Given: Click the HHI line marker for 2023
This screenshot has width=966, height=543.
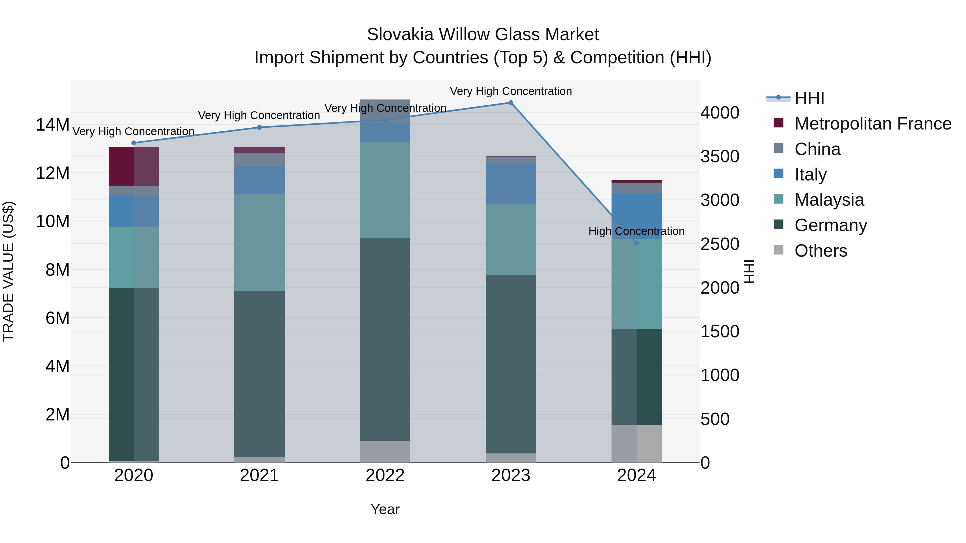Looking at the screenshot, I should pos(511,103).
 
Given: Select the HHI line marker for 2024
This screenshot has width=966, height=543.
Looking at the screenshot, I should pos(636,243).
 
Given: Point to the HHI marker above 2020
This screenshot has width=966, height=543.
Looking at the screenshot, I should pos(134,143).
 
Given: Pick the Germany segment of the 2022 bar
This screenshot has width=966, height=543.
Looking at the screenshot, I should pos(385,339).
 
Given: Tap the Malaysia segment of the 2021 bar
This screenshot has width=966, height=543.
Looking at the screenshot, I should pos(259,242).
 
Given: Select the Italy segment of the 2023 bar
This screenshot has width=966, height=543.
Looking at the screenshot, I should pos(511,184).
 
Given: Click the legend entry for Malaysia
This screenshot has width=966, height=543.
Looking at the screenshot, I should pos(829,200).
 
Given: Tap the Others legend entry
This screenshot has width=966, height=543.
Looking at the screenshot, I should pos(821,251).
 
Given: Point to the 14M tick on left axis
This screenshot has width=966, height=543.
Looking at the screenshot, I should pos(53,125).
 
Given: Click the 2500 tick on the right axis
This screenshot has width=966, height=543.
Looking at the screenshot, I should pos(720,244).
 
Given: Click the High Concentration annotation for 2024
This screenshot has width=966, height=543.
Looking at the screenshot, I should pos(636,231).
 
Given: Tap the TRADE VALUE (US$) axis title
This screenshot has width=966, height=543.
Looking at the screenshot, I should pos(8,271).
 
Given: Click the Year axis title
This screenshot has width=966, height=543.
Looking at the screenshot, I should pos(385,509).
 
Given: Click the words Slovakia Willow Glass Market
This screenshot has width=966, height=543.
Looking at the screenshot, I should pos(483,35).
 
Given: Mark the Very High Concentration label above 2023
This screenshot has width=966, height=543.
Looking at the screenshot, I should pos(511,91).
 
